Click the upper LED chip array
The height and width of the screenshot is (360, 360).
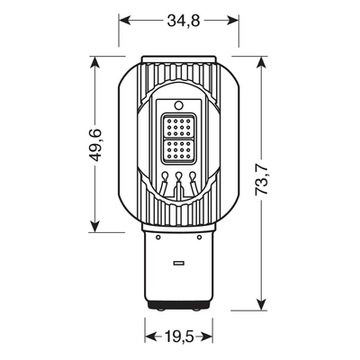pyautogui.click(x=180, y=125)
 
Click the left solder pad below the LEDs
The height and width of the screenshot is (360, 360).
pyautogui.click(x=166, y=175)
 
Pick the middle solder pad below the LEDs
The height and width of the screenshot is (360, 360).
pyautogui.click(x=180, y=175)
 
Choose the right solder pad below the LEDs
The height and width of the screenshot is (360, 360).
pyautogui.click(x=194, y=175)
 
